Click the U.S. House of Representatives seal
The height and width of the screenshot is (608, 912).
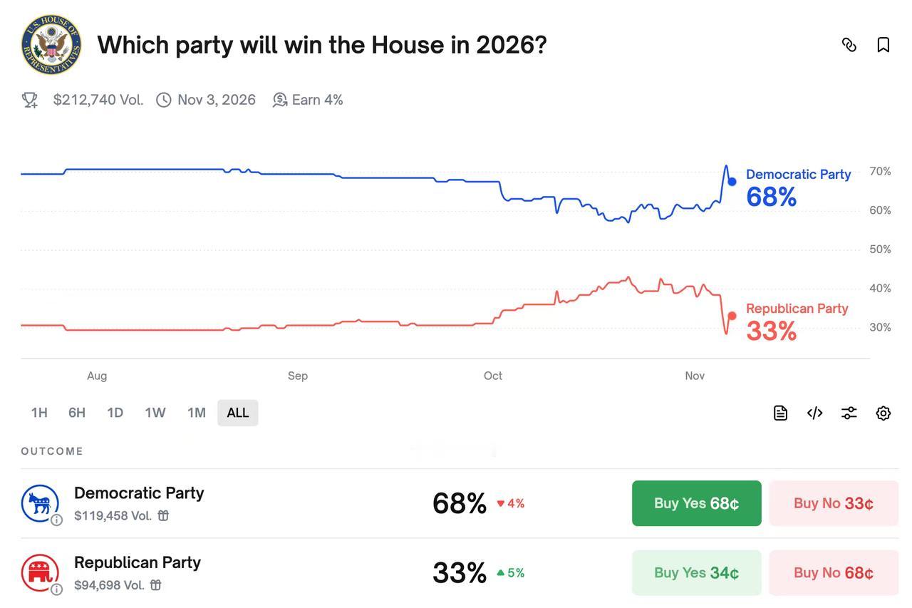(51, 45)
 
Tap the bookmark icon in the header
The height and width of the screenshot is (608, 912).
(883, 45)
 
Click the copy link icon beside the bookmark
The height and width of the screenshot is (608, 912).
(849, 45)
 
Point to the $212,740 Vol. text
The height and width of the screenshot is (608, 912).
(98, 100)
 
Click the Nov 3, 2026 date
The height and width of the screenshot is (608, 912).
(216, 100)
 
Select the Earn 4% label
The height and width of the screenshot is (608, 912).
(317, 100)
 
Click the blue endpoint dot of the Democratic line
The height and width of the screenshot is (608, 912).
(732, 182)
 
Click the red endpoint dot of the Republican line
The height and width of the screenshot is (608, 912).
(732, 316)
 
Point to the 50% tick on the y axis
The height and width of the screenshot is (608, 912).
(880, 249)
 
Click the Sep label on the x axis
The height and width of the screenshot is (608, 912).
(298, 376)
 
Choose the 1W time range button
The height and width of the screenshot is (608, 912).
(155, 413)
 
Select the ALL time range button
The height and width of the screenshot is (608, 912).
(237, 413)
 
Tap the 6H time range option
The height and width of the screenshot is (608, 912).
(77, 413)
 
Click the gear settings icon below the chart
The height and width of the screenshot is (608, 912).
(883, 413)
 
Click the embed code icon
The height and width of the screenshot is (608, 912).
(814, 413)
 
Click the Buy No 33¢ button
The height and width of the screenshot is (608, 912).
(833, 503)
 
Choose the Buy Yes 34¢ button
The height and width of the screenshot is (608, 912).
(696, 572)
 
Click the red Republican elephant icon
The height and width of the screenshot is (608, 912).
(39, 572)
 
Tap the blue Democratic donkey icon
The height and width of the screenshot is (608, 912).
(39, 503)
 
